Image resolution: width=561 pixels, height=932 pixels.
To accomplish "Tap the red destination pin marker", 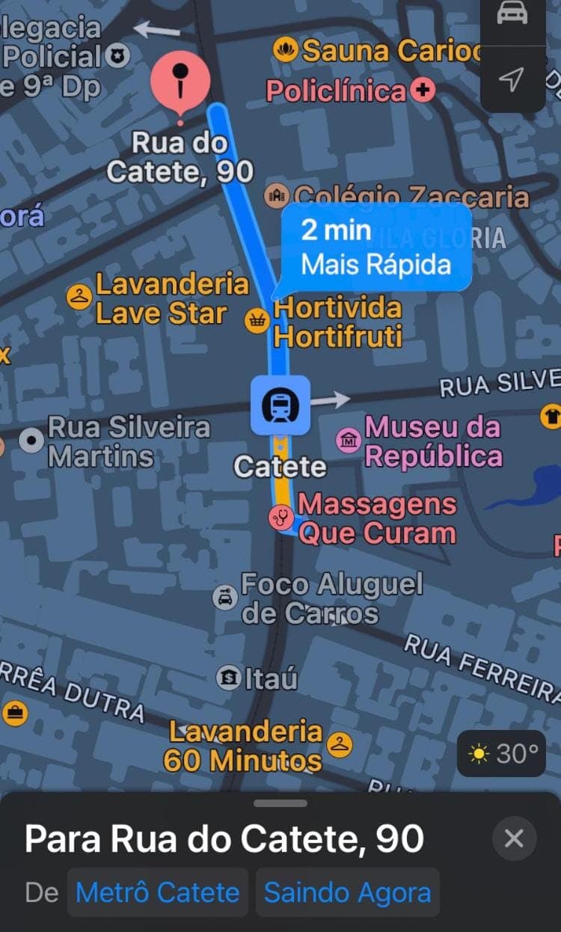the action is [180, 81].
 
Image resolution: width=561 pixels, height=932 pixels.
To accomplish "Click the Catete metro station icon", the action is [280, 405].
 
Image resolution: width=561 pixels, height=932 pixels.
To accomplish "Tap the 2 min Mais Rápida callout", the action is [376, 247].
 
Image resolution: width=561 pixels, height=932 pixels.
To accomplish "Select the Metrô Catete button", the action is [157, 892].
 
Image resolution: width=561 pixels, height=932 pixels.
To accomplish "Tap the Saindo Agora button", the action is [347, 892].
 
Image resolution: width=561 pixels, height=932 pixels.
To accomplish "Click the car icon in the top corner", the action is [512, 15].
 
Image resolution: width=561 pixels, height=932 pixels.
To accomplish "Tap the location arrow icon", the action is [512, 79].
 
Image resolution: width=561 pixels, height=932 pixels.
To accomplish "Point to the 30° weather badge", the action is [502, 753].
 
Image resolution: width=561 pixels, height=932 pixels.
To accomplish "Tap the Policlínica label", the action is [337, 91].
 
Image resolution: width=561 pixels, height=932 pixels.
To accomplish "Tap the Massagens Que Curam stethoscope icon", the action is [281, 517].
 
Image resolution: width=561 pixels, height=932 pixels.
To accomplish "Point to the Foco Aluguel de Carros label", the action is [331, 598].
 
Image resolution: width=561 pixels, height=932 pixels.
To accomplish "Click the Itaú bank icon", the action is [228, 678].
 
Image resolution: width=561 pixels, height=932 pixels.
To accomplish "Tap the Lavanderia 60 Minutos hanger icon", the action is [340, 744].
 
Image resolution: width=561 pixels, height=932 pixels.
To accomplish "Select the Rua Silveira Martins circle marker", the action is [32, 441].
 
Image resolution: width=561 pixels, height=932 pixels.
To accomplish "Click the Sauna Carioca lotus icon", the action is [286, 51].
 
